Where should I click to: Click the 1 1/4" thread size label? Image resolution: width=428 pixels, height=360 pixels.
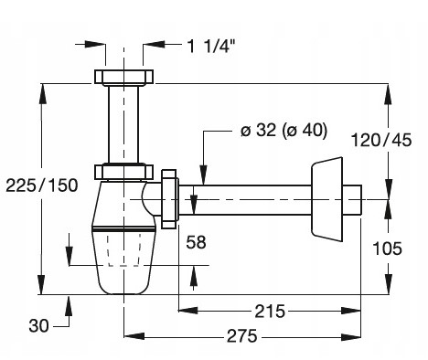click(211, 47)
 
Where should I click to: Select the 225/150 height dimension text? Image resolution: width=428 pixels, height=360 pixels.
click(42, 185)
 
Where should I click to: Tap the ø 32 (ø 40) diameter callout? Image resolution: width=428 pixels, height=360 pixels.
click(284, 131)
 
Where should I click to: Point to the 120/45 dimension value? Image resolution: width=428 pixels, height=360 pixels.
click(381, 140)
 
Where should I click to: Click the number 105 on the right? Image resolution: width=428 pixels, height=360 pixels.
click(388, 249)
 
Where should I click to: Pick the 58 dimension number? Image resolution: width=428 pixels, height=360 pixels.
click(196, 242)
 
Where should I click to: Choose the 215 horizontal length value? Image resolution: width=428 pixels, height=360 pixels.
click(270, 312)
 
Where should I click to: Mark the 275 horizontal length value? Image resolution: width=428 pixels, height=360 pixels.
click(242, 336)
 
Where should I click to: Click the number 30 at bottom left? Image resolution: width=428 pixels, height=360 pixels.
click(38, 325)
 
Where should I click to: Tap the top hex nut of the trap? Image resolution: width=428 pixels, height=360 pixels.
click(123, 77)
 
